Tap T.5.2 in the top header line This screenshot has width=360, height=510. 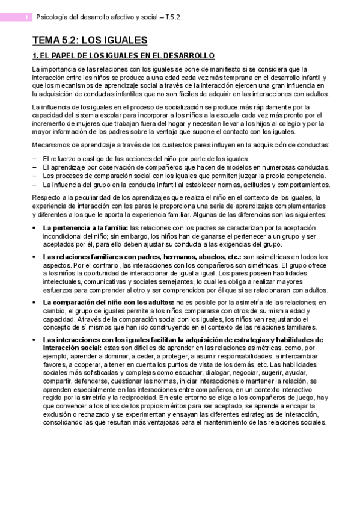[x=170, y=17]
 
